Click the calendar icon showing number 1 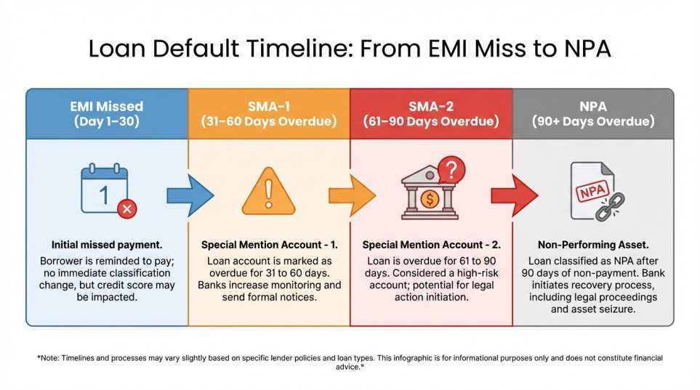(105, 190)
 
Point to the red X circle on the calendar (126, 209)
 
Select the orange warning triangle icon (268, 194)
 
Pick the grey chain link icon (609, 206)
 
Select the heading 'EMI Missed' (107, 105)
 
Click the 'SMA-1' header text (269, 105)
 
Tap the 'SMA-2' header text (431, 105)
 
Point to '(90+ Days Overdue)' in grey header (592, 121)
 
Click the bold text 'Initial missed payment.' (107, 245)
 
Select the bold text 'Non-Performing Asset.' (592, 245)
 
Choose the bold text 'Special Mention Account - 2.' (431, 245)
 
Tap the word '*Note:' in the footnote (49, 358)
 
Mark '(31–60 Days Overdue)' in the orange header (269, 121)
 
